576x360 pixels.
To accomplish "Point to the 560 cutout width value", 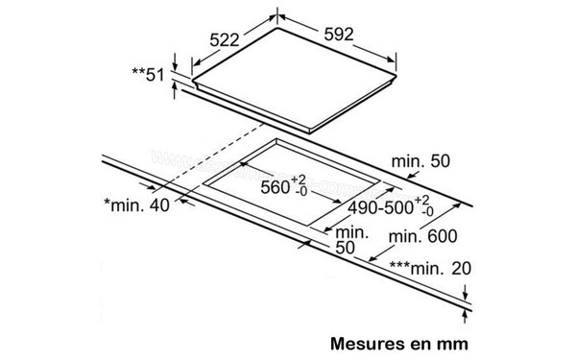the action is [x=275, y=187].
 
